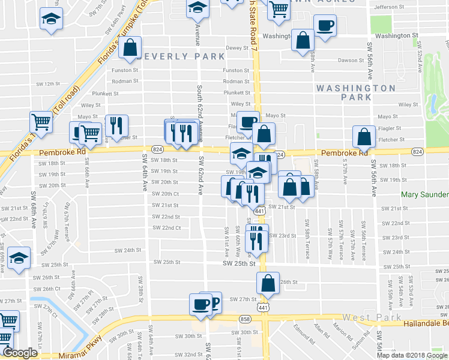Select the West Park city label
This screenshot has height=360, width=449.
tap(366, 316)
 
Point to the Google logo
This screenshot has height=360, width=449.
tap(19, 353)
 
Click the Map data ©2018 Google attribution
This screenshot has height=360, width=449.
tap(412, 355)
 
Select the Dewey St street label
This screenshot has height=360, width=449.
tap(237, 48)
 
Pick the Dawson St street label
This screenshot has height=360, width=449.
tap(351, 60)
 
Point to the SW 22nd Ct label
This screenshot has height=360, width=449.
tap(167, 228)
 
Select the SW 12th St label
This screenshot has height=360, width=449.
tap(49, 84)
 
